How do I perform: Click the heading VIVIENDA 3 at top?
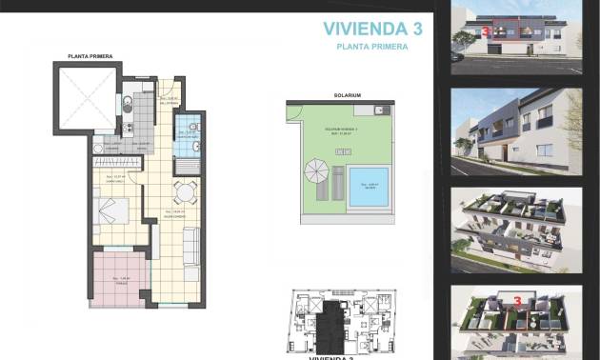click(x=371, y=28)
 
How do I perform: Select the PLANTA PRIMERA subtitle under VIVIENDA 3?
click(x=371, y=46)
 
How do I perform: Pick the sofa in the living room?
click(x=190, y=250)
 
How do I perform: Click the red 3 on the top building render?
click(x=487, y=31)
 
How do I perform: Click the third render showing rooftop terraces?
click(x=514, y=224)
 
